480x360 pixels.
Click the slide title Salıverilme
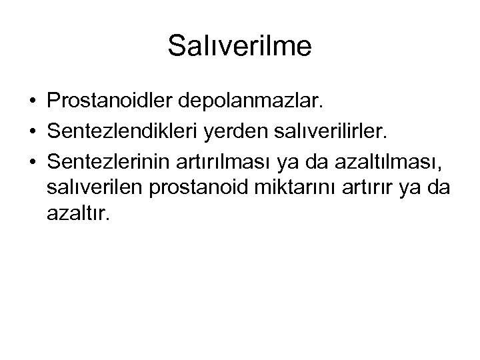tap(239, 47)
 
